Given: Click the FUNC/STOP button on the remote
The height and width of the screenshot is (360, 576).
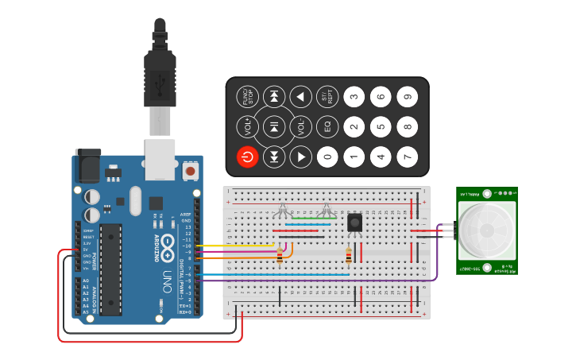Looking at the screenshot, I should click(x=247, y=97).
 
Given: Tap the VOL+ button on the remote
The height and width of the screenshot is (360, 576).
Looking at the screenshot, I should click(x=247, y=126).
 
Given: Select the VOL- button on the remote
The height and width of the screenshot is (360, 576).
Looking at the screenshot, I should click(x=300, y=126).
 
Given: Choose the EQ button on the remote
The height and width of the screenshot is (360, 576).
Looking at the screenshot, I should click(x=327, y=126).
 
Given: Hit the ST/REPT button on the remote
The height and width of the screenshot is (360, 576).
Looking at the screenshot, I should click(x=327, y=97).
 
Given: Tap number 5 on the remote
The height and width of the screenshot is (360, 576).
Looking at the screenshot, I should click(x=381, y=126).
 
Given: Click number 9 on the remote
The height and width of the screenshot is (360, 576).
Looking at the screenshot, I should click(x=408, y=97).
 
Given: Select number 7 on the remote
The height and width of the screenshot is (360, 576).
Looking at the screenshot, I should click(x=408, y=157).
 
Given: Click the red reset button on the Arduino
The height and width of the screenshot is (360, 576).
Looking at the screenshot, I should click(x=191, y=170).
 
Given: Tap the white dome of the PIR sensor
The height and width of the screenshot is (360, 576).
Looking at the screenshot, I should click(x=486, y=230).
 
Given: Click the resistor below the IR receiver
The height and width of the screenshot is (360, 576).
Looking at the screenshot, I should click(x=349, y=255).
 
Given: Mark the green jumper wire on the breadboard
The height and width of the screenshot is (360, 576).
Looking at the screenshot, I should click(x=313, y=218).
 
